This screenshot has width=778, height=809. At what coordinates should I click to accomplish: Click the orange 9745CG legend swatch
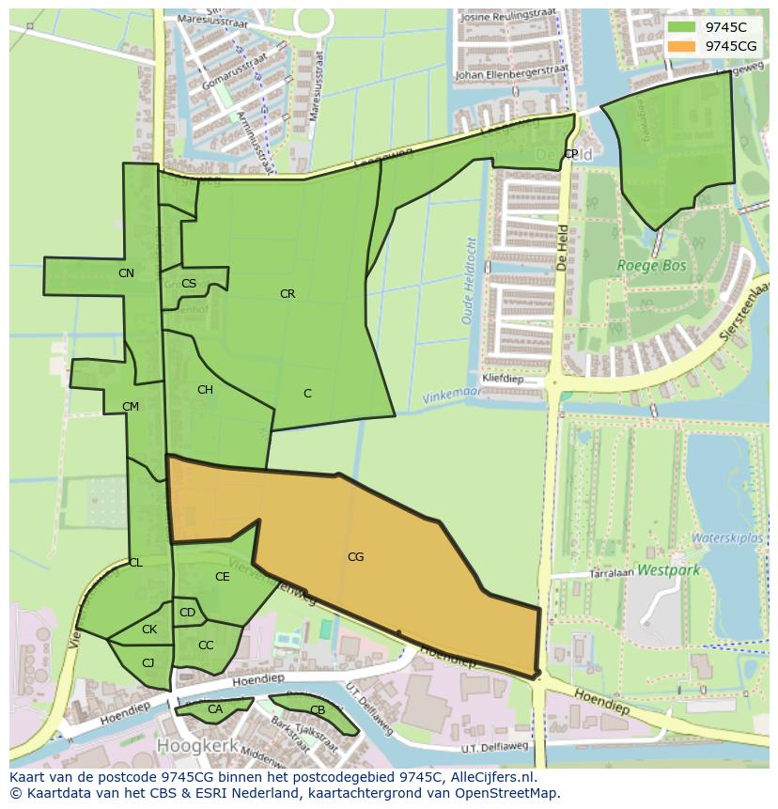682,46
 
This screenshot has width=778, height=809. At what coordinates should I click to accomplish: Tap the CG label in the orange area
355,557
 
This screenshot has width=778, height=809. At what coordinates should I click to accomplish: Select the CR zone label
288,294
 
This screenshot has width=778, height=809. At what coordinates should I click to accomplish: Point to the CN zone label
126,273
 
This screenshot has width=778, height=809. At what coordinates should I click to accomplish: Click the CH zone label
205,390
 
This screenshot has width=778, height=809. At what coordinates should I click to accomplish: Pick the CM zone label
131,407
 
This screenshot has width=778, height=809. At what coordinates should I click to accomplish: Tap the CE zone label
223,577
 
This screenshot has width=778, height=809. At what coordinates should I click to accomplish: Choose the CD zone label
187,613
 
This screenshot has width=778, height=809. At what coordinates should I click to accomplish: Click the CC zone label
206,646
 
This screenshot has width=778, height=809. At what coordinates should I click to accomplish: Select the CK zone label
149,630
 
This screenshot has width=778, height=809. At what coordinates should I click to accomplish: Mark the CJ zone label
148,662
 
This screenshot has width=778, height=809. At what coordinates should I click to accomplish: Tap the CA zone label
215,709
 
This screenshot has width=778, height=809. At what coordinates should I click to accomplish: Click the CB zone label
318,710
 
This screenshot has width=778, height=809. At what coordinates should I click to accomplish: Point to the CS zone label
189,284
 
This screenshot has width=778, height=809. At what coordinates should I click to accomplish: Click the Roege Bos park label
651,266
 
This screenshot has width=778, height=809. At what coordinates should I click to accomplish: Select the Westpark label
668,569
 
